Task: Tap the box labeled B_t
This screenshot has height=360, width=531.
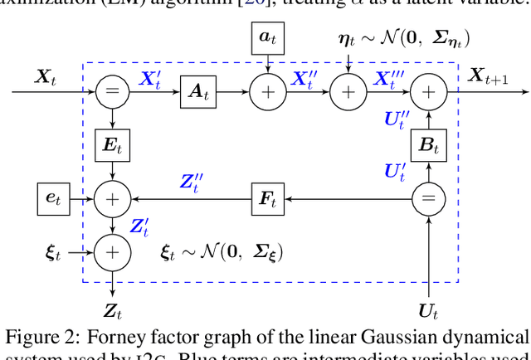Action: click(x=428, y=145)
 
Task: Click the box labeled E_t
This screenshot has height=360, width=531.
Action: click(x=110, y=144)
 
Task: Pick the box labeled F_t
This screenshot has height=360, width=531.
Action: click(x=267, y=198)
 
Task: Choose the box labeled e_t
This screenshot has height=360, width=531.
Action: click(x=53, y=198)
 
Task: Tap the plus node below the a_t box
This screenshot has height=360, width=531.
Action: click(x=267, y=90)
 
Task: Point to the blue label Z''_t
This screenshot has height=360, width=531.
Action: click(x=192, y=182)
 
